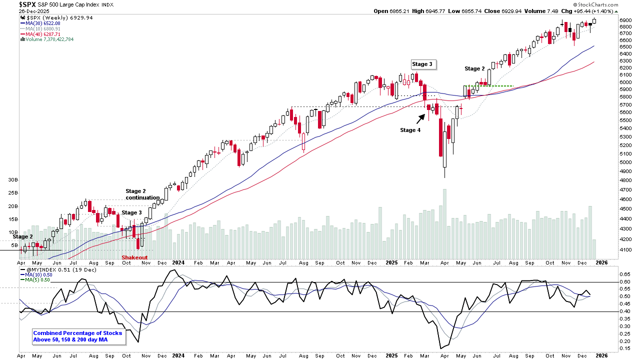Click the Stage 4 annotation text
pyautogui.click(x=410, y=130)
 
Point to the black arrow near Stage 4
pyautogui.click(x=420, y=118)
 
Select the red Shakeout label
pyautogui.click(x=135, y=257)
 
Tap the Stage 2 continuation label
pyautogui.click(x=142, y=194)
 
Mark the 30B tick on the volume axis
pyautogui.click(x=13, y=179)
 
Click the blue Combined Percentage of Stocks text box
pyautogui.click(x=77, y=336)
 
